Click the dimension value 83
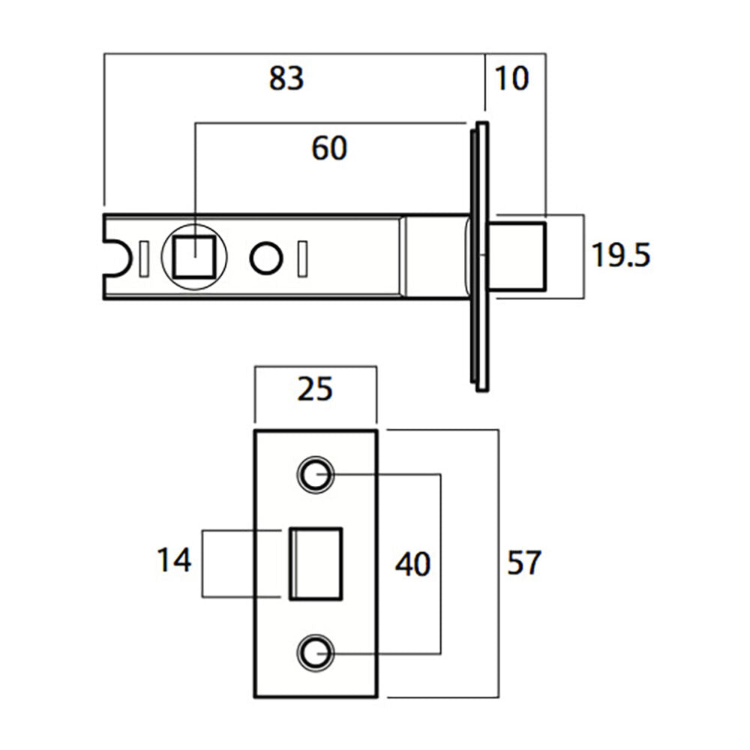286,78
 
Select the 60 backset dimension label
329,148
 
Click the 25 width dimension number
314,390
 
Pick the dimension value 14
174,560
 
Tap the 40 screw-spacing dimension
413,564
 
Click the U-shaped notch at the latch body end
116,257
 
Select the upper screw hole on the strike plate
315,474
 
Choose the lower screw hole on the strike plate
315,652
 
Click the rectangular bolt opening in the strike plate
316,564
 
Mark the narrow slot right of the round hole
302,258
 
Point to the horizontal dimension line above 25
314,368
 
